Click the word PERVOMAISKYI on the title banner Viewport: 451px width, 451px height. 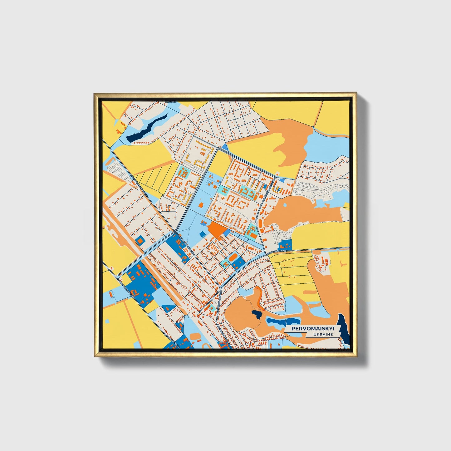[312, 329]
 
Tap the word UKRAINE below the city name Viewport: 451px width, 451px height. [324, 334]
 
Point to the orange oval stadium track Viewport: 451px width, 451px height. [233, 258]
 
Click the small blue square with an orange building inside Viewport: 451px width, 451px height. [140, 240]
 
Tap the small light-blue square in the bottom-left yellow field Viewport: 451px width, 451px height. [107, 321]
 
